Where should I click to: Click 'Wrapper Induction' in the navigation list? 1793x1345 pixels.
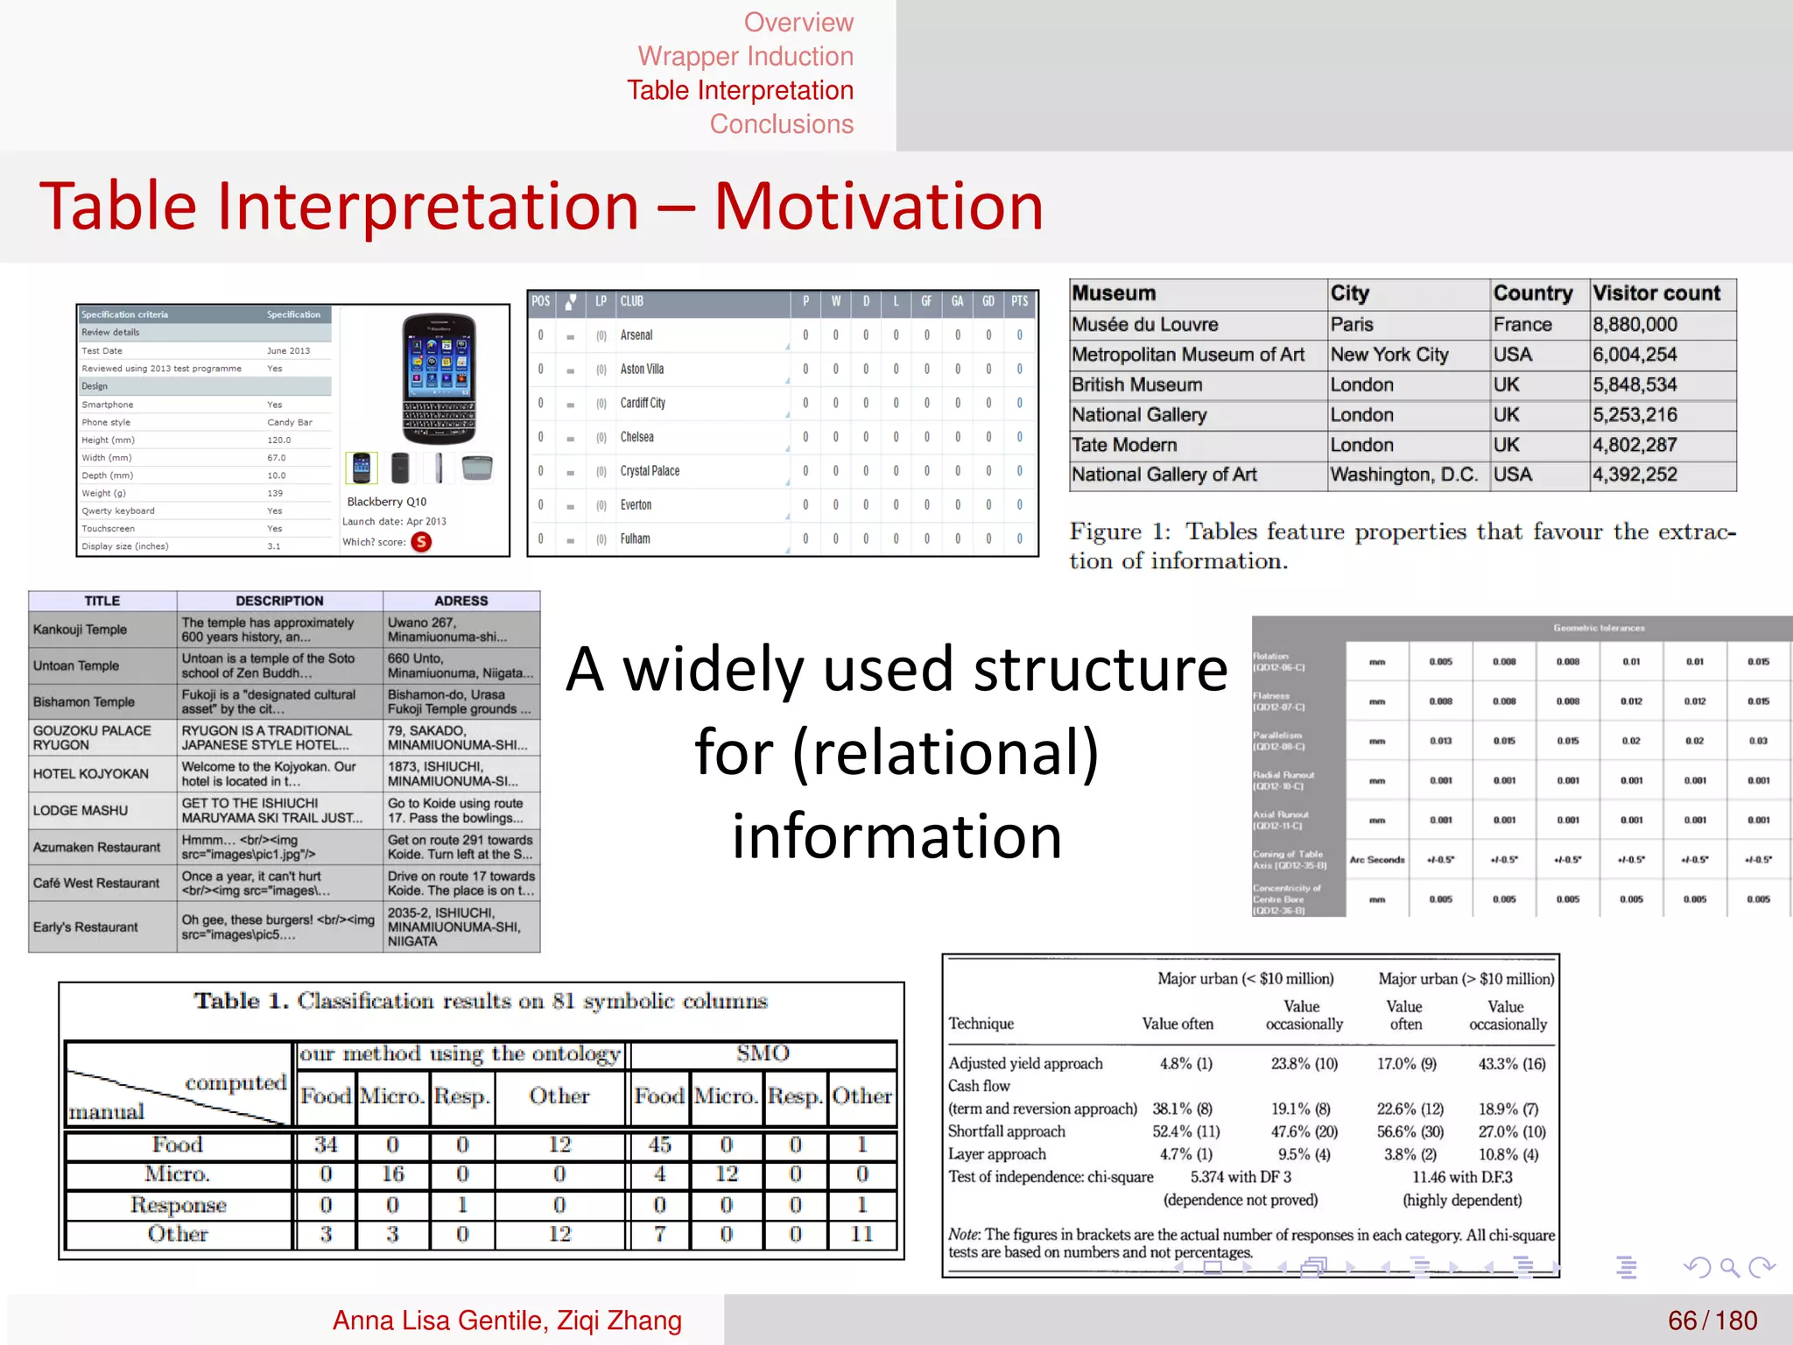(745, 56)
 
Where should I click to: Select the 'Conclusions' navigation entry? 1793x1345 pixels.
(781, 124)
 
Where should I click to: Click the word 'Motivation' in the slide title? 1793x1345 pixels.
(878, 207)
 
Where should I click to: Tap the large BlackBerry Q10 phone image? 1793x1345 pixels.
(439, 378)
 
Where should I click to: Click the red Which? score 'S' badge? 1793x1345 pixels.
(421, 542)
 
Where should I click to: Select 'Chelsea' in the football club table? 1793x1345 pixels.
(636, 437)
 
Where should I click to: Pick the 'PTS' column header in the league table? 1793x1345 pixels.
(1019, 301)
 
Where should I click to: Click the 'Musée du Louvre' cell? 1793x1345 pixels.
(1144, 325)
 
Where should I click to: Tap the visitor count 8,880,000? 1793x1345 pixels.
(1635, 325)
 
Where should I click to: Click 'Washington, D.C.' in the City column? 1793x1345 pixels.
(1403, 475)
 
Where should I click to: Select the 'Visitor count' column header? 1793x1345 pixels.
(1656, 293)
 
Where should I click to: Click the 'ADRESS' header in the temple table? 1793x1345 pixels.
(461, 601)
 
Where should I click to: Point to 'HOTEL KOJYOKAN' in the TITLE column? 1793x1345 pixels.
(91, 774)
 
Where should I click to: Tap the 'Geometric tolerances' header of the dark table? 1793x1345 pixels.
(1599, 628)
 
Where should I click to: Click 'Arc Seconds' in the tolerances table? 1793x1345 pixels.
(1376, 860)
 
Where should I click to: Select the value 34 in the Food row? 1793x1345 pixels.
(326, 1144)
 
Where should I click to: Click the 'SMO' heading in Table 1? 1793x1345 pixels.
(763, 1053)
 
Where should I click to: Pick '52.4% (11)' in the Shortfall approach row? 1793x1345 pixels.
(1185, 1131)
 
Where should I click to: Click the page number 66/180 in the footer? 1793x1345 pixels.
(1712, 1320)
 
